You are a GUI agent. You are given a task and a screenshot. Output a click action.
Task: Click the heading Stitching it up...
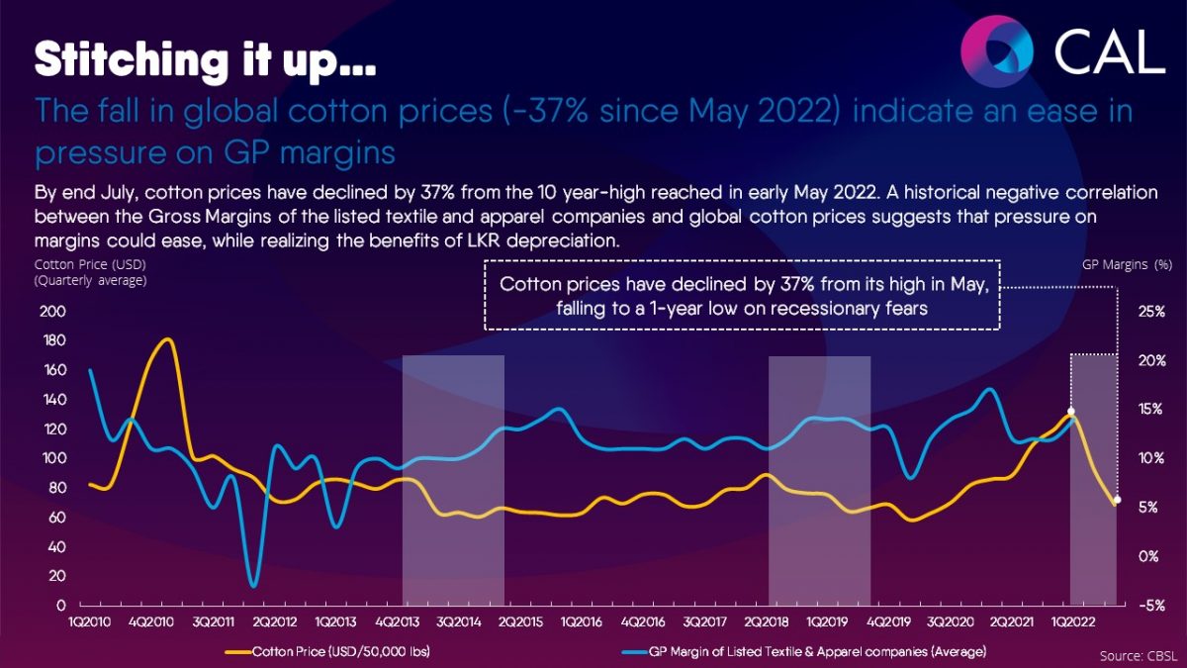[205, 59]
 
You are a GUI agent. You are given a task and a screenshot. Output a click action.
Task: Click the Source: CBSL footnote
[1137, 654]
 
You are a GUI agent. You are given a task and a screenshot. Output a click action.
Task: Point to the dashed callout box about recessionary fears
[742, 295]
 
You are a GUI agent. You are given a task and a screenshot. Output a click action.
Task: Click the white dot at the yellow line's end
[1117, 501]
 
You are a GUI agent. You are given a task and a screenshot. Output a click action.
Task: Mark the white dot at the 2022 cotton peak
[1070, 412]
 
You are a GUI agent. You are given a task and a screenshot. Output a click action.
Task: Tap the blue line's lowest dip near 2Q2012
[253, 586]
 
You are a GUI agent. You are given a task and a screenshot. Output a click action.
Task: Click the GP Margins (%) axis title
[1127, 265]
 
